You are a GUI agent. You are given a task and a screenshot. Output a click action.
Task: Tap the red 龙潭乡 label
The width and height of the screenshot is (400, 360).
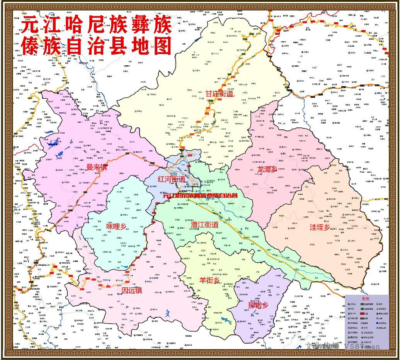point(267,169)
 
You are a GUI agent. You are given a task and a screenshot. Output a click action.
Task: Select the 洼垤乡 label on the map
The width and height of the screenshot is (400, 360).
point(320,227)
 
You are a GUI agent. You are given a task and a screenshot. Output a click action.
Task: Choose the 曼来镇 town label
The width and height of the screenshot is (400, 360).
point(97,167)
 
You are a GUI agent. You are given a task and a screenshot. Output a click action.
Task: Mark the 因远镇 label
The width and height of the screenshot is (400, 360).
point(131,290)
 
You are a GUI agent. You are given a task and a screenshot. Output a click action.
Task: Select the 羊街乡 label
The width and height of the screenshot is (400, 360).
point(209,280)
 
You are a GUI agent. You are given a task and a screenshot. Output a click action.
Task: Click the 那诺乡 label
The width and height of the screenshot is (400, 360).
point(258,306)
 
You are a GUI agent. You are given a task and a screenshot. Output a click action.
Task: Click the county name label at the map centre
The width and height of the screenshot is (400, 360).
point(200,196)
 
